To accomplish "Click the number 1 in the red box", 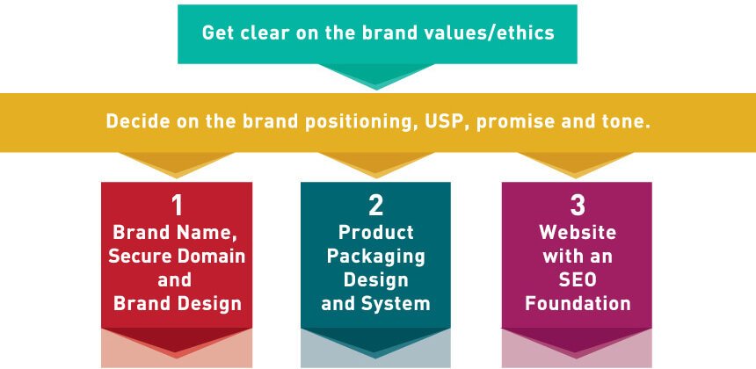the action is (178, 206).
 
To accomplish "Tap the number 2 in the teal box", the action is (375, 206).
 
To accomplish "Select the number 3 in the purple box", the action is (578, 206).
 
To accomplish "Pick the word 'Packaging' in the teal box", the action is (375, 257).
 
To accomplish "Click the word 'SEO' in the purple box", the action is (578, 280).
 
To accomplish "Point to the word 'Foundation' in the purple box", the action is (578, 303).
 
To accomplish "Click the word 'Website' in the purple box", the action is (578, 233).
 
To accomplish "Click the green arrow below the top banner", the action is (376, 76).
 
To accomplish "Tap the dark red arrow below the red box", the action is (177, 342).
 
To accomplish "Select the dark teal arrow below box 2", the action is (375, 342).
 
